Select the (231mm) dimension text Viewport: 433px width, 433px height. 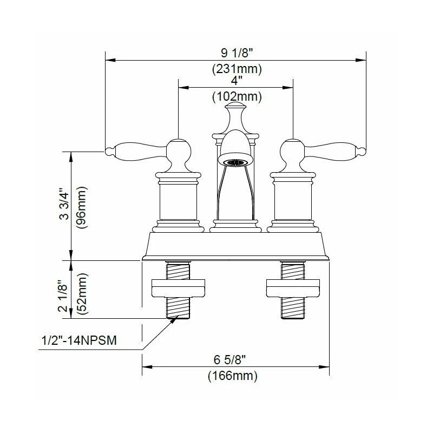coord(235,69)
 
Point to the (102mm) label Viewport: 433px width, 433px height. coord(235,97)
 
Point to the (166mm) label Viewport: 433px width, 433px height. coord(235,375)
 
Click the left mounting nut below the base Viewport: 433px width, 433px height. coord(178,288)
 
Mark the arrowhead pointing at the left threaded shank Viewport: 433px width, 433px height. coord(174,320)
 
